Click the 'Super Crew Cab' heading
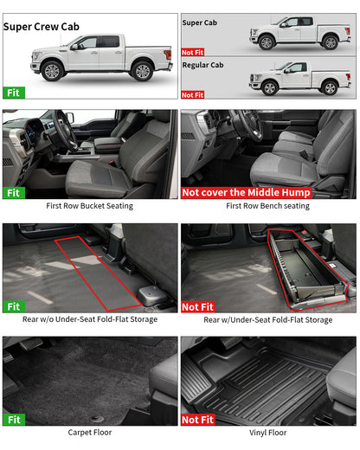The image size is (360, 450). [x=41, y=27]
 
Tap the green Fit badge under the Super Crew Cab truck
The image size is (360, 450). [x=13, y=92]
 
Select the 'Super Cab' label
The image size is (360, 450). [x=200, y=22]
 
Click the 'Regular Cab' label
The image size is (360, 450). [x=204, y=64]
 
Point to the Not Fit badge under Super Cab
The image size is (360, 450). [x=194, y=52]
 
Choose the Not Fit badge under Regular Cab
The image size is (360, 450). [x=194, y=94]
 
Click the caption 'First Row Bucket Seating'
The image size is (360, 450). [x=90, y=207]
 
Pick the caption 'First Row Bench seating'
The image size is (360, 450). [x=267, y=207]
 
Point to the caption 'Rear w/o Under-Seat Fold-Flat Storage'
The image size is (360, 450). [x=90, y=320]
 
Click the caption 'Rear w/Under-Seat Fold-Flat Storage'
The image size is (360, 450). [x=267, y=320]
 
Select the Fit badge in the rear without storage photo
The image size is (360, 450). [x=13, y=306]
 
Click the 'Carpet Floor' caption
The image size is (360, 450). [x=90, y=432]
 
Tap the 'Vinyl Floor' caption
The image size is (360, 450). [x=267, y=432]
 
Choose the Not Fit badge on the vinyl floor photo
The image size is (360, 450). [x=198, y=419]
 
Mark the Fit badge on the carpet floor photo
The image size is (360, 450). [x=13, y=419]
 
